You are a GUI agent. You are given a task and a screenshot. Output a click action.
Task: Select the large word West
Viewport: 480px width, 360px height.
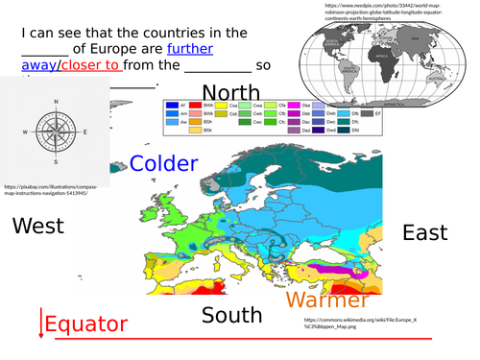37,227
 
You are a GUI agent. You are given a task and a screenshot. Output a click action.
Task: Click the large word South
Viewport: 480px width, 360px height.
231,315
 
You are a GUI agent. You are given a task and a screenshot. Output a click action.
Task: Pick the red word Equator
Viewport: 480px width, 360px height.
86,324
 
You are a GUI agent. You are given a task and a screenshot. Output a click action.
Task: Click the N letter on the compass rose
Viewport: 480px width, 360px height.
56,102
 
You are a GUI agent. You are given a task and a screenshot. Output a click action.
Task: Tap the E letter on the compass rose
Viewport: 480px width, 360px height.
84,132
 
